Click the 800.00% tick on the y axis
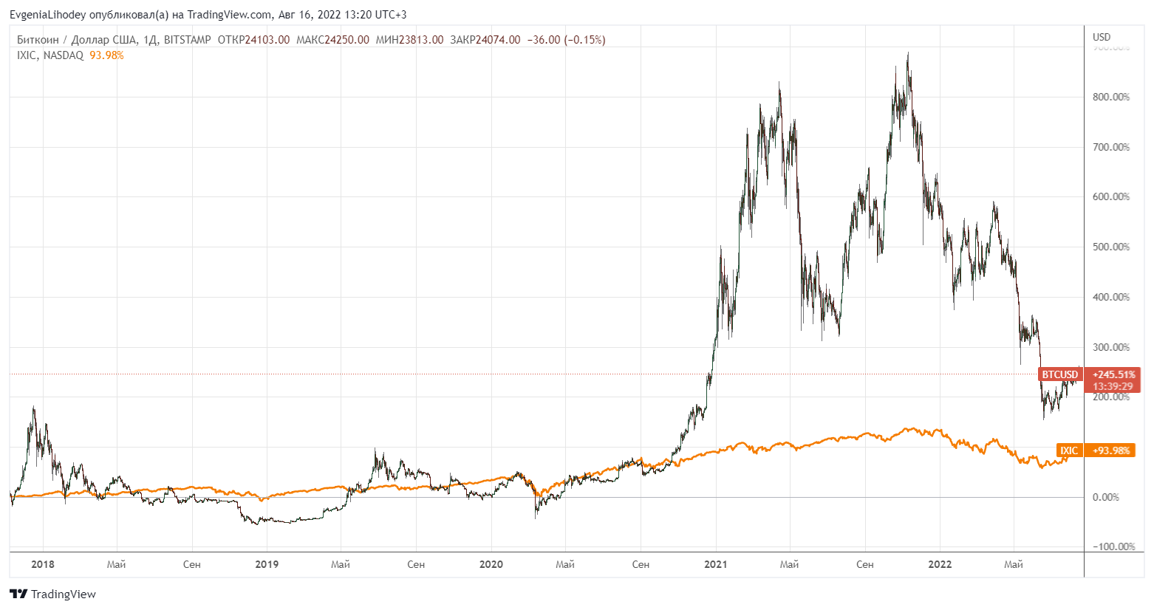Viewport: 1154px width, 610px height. tap(1110, 97)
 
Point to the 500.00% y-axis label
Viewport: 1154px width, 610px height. tap(1110, 247)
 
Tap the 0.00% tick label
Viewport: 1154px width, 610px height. tap(1110, 497)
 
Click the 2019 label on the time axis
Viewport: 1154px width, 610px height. tap(267, 564)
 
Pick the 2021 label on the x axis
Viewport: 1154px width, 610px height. tap(715, 564)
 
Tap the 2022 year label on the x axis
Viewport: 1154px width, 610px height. tap(940, 564)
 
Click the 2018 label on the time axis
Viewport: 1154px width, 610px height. tap(43, 564)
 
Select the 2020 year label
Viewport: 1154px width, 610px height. tap(491, 564)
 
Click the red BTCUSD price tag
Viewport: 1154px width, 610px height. tap(1060, 374)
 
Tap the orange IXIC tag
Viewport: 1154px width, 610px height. tap(1069, 450)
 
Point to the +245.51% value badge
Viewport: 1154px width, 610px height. tap(1113, 374)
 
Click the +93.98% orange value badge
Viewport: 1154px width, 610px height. tap(1111, 450)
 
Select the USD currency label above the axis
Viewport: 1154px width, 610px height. tap(1101, 37)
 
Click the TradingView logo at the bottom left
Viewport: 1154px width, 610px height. tap(52, 594)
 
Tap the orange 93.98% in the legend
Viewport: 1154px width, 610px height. tap(106, 55)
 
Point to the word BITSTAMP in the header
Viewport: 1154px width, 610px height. tap(188, 40)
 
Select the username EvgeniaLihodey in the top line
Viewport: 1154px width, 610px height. tap(48, 15)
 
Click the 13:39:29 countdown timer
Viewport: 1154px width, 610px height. tap(1113, 386)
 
